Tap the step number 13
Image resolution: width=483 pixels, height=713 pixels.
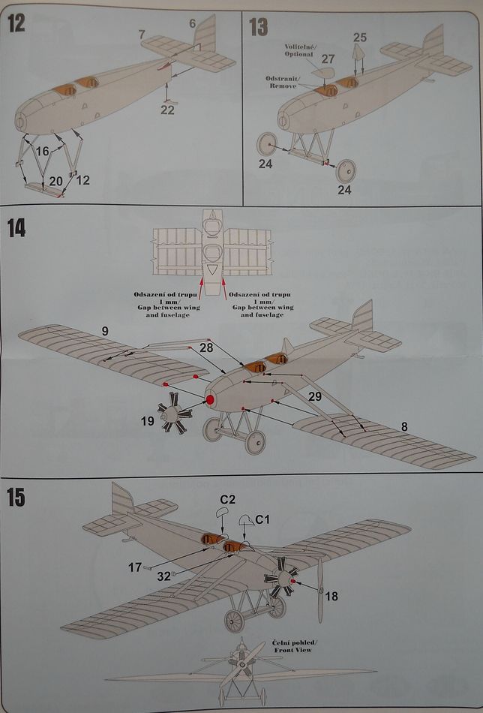coord(258,27)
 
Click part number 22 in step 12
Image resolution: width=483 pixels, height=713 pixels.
coord(167,110)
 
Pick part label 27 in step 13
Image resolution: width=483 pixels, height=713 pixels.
coord(328,58)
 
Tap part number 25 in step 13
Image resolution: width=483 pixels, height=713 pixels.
coord(360,37)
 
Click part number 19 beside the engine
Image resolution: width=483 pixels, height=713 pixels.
coord(147,422)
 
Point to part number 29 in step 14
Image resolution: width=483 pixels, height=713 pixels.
coord(315,396)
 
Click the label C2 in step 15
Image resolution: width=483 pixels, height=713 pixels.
coord(228,498)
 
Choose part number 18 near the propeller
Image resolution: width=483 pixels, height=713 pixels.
coord(331,597)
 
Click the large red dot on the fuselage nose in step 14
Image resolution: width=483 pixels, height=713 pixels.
coord(210,400)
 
